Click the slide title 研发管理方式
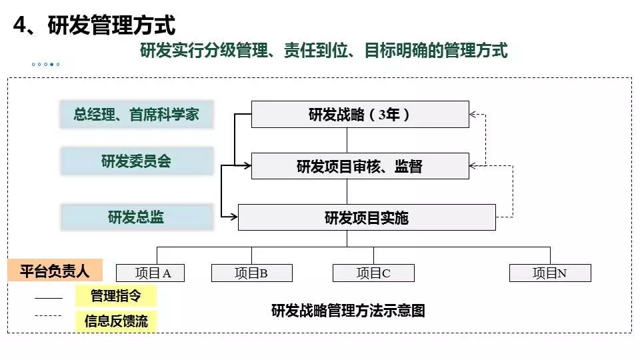94,26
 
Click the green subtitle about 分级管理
324,51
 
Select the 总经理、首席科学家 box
136,115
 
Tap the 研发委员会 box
136,161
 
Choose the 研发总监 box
136,217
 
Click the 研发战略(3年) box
360,114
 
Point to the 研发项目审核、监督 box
360,166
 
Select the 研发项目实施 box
367,217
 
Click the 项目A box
151,273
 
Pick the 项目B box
252,273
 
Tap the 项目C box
373,273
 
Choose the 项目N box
550,273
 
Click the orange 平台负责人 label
55,271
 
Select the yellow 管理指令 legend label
116,295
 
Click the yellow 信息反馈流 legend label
116,321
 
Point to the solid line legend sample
48,297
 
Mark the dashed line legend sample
48,315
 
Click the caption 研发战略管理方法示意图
348,311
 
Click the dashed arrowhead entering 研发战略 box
473,114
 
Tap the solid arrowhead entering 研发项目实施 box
233,217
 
